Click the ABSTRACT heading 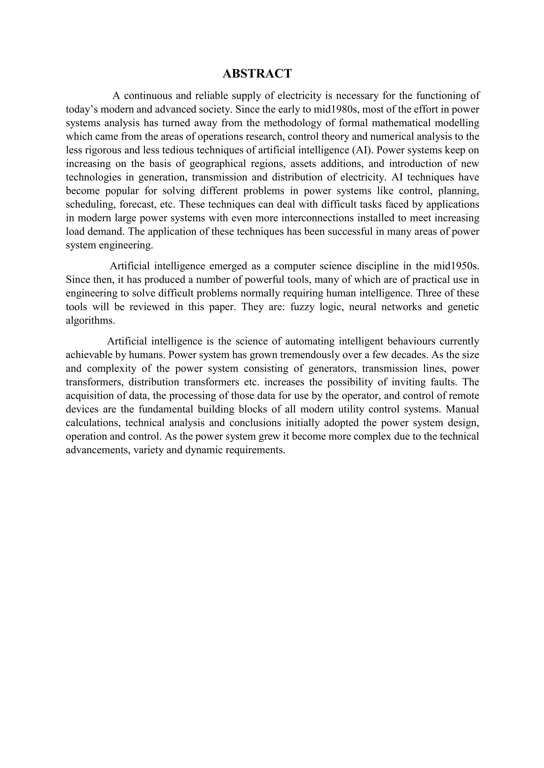click(257, 73)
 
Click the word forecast click(138, 204)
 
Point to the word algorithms click(90, 320)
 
